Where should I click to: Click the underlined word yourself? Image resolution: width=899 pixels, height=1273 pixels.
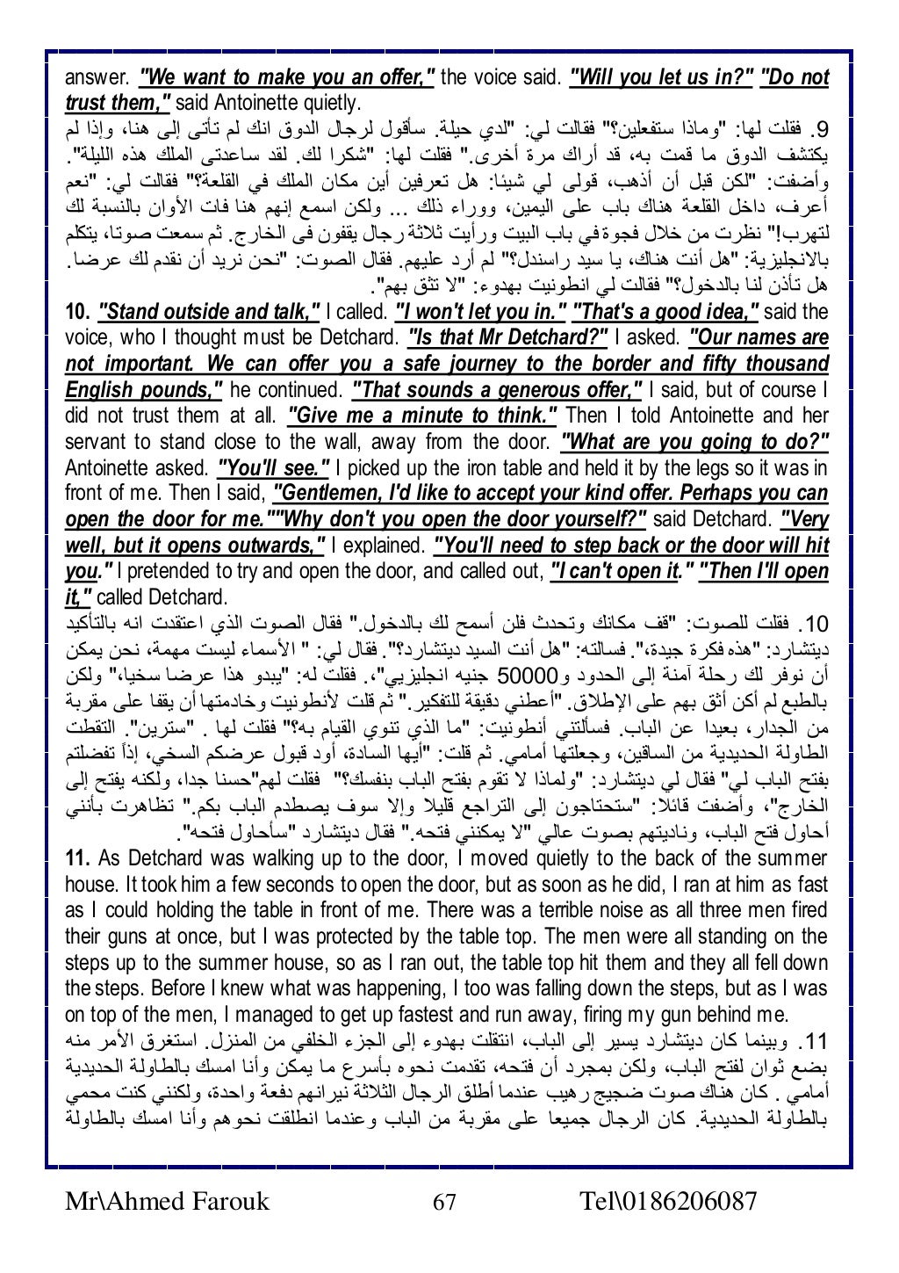[601, 519]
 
